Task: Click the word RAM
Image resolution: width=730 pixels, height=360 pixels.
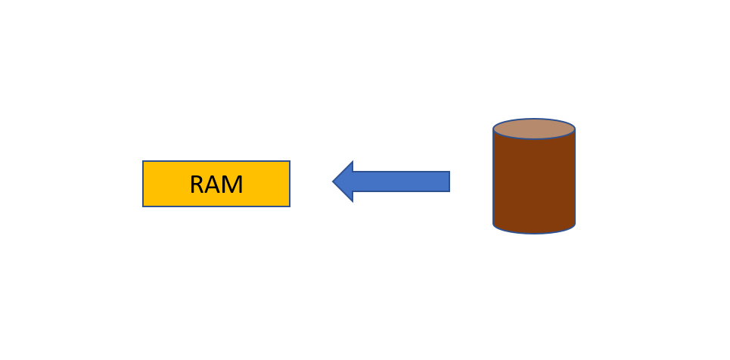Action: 216,185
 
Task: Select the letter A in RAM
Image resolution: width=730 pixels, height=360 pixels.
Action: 214,185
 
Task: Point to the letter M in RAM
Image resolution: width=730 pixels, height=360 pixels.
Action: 233,185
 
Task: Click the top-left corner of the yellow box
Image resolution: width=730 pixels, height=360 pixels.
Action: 144,162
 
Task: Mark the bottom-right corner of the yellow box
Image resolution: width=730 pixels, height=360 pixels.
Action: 289,206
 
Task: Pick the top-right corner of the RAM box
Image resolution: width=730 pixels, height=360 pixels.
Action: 289,162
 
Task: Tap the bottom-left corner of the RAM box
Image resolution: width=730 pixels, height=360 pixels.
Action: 144,206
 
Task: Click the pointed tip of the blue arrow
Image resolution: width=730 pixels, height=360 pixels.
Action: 334,182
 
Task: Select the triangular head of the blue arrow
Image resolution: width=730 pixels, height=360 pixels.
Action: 345,182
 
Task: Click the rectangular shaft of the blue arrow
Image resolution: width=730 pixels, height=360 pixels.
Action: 401,182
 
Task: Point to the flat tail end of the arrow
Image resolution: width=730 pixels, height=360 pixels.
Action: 449,182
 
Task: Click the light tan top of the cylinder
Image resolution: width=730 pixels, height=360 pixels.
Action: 534,129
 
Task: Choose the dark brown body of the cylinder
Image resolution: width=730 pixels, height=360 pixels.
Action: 534,182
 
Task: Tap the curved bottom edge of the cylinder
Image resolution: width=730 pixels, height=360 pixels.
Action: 534,232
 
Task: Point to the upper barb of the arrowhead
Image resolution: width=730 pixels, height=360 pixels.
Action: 352,163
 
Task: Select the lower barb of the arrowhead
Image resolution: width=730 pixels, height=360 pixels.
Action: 352,200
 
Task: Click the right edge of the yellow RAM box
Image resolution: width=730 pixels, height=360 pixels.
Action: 289,184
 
